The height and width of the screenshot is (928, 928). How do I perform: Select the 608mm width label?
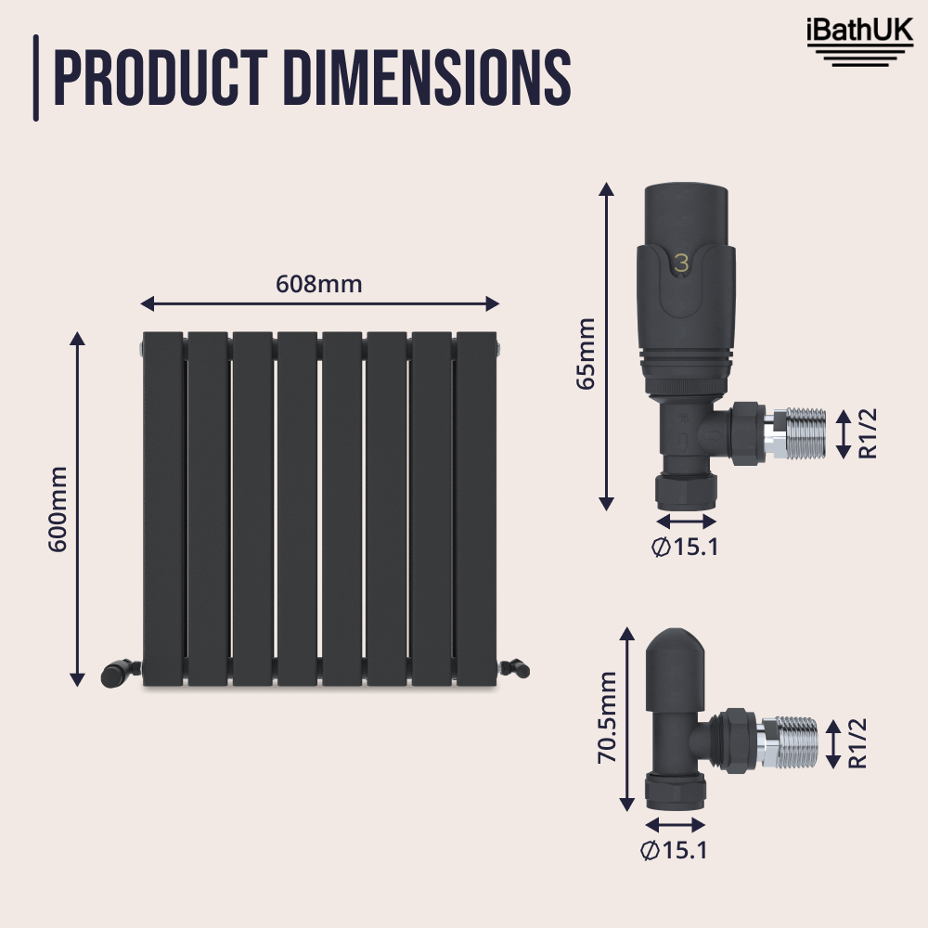(x=319, y=284)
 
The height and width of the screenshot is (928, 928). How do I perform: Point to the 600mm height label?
(x=58, y=509)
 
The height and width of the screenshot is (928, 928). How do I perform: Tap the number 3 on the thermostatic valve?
(x=682, y=264)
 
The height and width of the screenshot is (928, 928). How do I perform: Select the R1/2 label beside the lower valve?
(x=858, y=743)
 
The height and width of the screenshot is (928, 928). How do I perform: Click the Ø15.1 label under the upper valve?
(x=686, y=547)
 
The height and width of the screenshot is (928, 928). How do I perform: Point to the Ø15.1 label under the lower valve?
(x=676, y=848)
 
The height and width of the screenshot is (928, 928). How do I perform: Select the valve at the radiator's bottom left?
(x=120, y=672)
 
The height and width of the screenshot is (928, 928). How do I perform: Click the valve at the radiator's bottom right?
(x=514, y=665)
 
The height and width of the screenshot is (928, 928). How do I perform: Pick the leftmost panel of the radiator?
(x=163, y=509)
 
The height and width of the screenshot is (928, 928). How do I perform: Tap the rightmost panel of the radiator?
(x=477, y=509)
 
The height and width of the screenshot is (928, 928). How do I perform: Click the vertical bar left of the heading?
(x=36, y=78)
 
